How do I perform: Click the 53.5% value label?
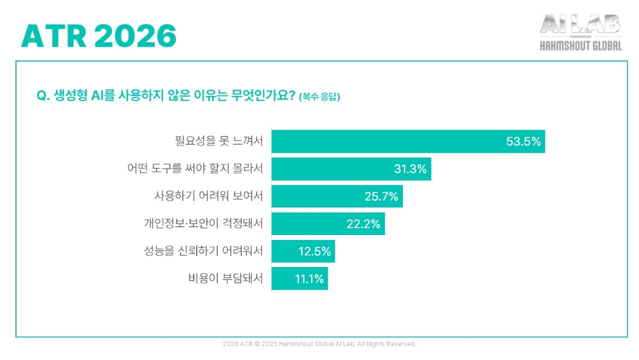[523, 142]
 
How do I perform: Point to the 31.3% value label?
[410, 169]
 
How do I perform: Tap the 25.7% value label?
[381, 197]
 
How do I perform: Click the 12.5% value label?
[314, 251]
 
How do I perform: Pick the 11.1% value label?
[309, 279]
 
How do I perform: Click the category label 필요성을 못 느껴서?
[219, 142]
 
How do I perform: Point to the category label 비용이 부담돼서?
[226, 279]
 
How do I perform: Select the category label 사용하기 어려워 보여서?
[208, 197]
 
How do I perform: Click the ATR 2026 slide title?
[99, 37]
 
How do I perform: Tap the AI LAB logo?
[580, 25]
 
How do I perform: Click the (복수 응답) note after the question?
[319, 97]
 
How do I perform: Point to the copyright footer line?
[319, 344]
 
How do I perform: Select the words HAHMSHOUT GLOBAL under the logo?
[580, 46]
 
